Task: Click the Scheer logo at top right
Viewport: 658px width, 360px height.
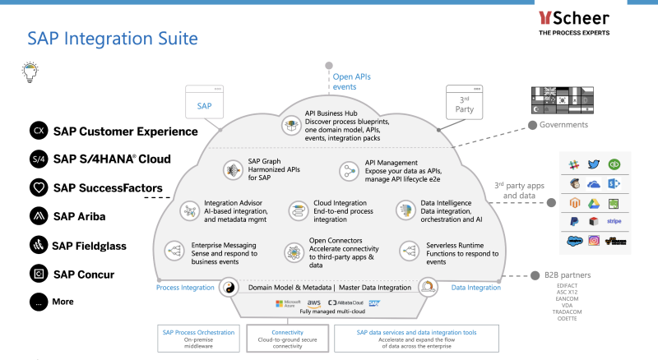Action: [573, 22]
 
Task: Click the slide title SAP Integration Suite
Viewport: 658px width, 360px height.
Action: [112, 38]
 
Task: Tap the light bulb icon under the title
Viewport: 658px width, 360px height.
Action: [29, 73]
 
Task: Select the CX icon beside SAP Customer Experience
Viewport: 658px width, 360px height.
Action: [38, 131]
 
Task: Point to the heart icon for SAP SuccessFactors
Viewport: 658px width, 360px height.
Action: [38, 187]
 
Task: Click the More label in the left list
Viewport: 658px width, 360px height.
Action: [63, 302]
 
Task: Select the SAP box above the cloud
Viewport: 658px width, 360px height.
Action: [204, 106]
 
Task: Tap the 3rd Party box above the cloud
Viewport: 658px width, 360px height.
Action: [465, 104]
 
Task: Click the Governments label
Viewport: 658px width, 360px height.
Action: [563, 125]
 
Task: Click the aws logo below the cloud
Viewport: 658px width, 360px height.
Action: [313, 303]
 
